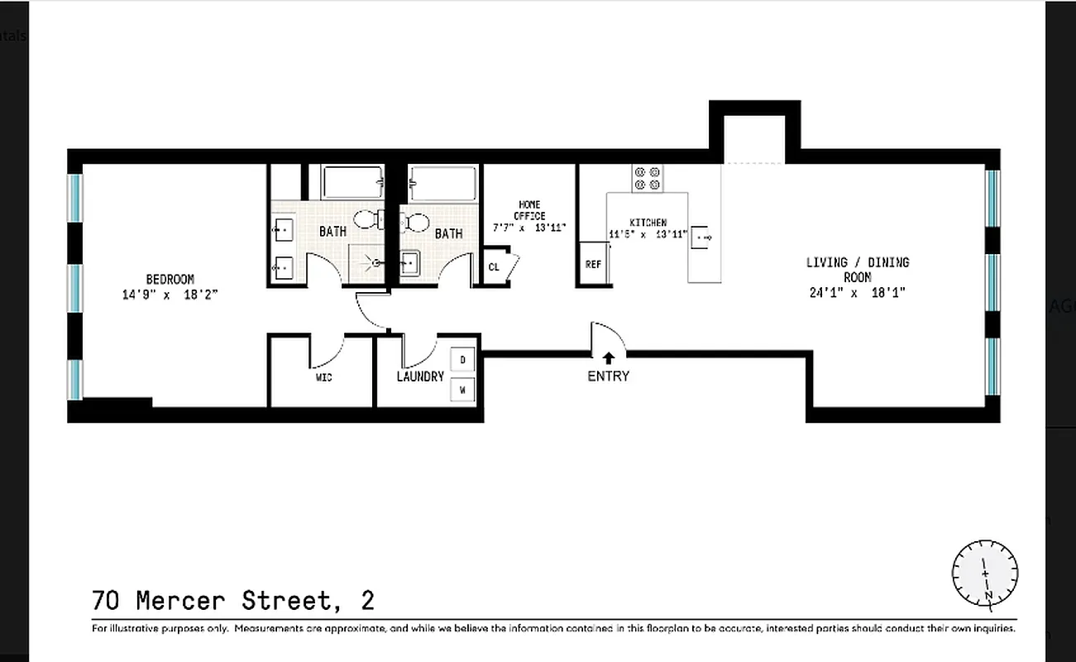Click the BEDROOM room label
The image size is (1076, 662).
170,280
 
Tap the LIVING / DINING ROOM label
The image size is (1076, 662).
858,270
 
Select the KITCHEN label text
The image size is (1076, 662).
648,223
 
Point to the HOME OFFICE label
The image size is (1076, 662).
528,210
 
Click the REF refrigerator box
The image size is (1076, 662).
593,265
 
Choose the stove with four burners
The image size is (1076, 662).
648,178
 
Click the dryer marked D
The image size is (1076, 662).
462,360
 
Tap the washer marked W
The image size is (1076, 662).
462,388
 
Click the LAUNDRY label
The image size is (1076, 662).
420,377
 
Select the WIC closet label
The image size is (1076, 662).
323,377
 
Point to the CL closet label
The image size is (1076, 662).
494,267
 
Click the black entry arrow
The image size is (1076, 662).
609,358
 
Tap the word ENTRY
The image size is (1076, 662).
609,377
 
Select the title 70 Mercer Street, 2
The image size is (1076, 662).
233,599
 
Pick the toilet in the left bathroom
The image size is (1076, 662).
369,219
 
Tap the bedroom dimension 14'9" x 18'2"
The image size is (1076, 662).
170,294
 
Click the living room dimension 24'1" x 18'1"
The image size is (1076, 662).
858,292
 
